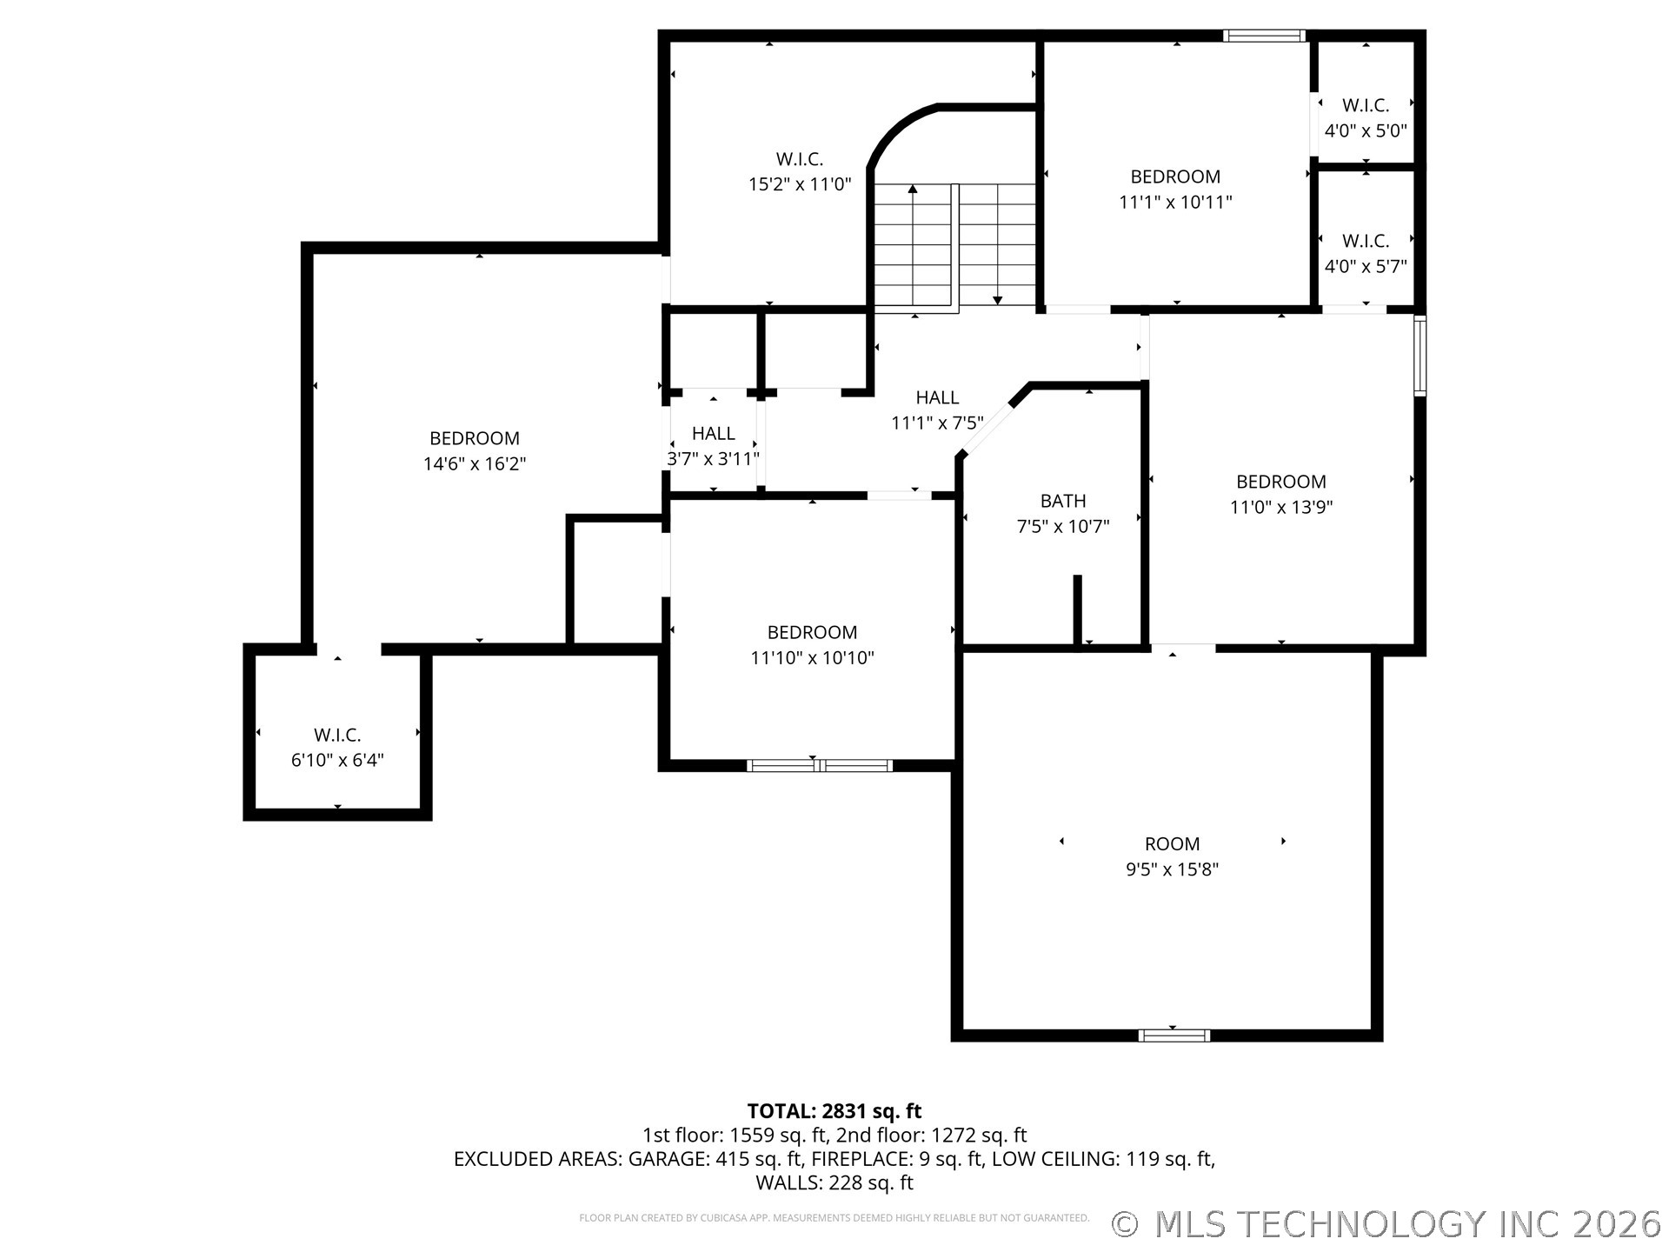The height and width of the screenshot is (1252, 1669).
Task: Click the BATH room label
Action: [x=1063, y=501]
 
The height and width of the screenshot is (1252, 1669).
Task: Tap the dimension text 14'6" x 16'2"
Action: [x=475, y=464]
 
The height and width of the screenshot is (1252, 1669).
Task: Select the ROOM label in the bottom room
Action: [x=1172, y=844]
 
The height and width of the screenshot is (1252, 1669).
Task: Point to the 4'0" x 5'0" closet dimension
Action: [x=1366, y=131]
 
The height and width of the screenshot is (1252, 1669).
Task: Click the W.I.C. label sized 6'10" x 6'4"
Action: [x=337, y=736]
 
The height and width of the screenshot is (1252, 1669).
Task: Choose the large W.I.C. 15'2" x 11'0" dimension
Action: [x=800, y=184]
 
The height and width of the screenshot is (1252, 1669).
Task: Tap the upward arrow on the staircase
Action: [x=913, y=243]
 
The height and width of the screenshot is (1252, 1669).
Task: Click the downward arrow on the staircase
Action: [x=997, y=244]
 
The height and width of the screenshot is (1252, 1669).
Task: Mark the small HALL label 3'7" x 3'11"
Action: [x=714, y=433]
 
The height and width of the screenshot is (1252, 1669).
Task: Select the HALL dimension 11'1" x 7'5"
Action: [x=937, y=423]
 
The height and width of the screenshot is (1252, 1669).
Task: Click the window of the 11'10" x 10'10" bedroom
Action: [x=820, y=766]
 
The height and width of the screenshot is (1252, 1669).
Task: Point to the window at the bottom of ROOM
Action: [x=1174, y=1036]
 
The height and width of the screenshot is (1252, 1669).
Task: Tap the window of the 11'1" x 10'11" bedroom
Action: [x=1265, y=36]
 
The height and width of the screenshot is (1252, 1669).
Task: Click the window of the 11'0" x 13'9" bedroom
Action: [x=1420, y=356]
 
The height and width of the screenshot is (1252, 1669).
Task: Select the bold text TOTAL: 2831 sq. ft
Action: [x=834, y=1111]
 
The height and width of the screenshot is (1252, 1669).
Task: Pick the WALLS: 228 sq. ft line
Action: [x=834, y=1182]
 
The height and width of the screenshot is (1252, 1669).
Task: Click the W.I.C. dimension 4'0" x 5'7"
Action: [x=1366, y=267]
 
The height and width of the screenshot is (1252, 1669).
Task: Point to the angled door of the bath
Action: [x=986, y=429]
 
